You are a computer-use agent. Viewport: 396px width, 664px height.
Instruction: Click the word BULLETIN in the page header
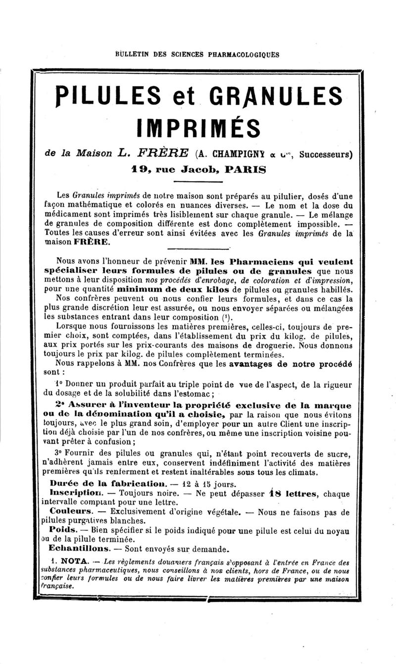pyautogui.click(x=130, y=54)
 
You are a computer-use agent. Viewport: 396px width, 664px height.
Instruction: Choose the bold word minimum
pyautogui.click(x=140, y=289)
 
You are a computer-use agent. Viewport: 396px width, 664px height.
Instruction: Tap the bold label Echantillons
pyautogui.click(x=79, y=549)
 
